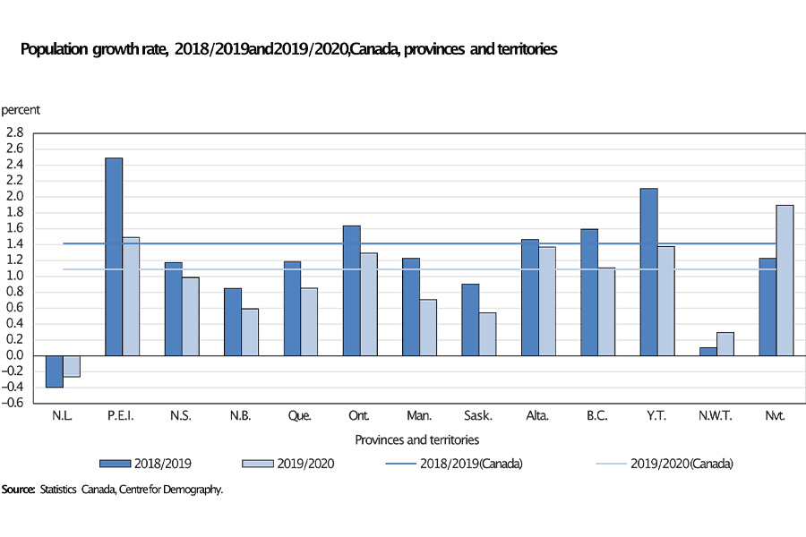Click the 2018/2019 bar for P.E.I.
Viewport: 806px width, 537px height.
click(114, 257)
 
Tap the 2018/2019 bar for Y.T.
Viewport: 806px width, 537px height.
click(648, 272)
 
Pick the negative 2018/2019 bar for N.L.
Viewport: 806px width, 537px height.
click(55, 371)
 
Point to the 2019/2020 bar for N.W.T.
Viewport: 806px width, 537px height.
click(725, 344)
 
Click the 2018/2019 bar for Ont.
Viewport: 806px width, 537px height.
click(352, 291)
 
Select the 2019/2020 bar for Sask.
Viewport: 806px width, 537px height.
click(487, 334)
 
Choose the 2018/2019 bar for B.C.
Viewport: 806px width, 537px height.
click(589, 292)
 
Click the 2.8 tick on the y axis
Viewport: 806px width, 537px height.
click(14, 132)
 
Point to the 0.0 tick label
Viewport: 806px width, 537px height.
click(14, 355)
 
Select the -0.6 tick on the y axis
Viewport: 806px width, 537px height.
click(13, 403)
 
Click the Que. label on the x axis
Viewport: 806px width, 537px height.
click(301, 416)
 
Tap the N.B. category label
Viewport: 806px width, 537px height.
click(241, 416)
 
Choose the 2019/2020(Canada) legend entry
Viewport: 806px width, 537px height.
click(682, 464)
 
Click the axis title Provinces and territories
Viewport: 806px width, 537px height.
click(416, 439)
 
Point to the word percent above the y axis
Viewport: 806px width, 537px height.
click(21, 110)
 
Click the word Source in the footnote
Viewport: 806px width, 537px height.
click(18, 490)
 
